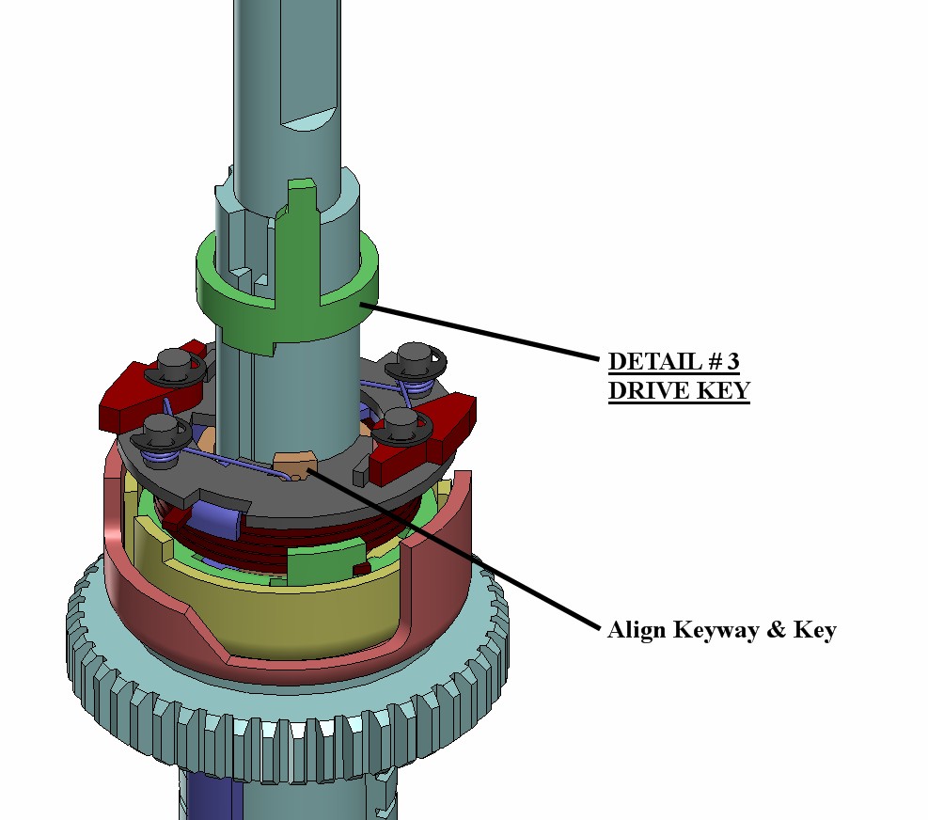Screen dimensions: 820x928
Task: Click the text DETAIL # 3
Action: click(674, 361)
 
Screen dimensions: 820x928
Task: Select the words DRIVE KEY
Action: click(678, 391)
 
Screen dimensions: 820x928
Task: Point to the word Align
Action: click(637, 629)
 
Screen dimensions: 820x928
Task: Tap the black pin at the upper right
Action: click(414, 358)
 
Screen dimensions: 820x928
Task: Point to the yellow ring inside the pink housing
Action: click(282, 621)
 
